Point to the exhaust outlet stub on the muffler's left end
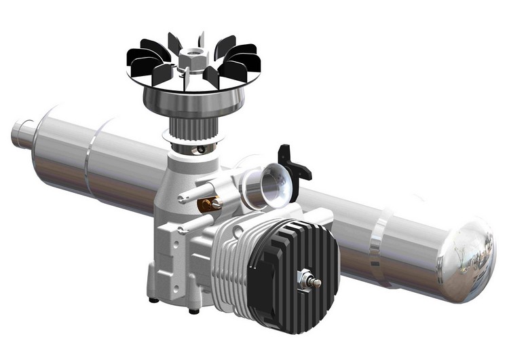pos(21,132)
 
